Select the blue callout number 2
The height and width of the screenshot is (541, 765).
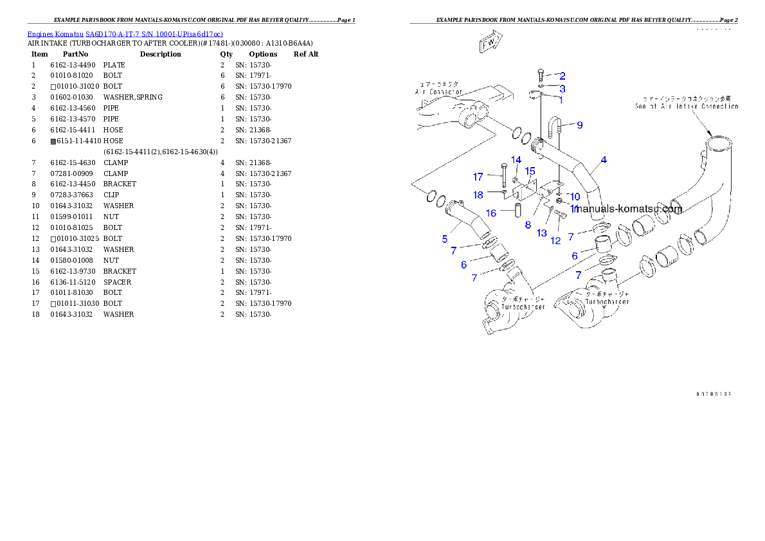tap(562, 76)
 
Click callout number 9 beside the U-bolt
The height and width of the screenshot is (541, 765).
tap(580, 125)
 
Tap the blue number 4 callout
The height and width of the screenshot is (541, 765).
tap(604, 160)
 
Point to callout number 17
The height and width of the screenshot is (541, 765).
tap(478, 177)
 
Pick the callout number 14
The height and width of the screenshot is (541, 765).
tap(516, 159)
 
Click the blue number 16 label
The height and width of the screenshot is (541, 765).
tap(491, 213)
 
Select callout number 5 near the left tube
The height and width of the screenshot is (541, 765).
tap(445, 239)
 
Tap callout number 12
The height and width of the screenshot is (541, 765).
tap(555, 240)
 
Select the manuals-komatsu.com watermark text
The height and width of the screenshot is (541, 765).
tap(628, 209)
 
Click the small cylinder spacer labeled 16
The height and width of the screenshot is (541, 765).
tap(515, 210)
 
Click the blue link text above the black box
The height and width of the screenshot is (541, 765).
tap(125, 34)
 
